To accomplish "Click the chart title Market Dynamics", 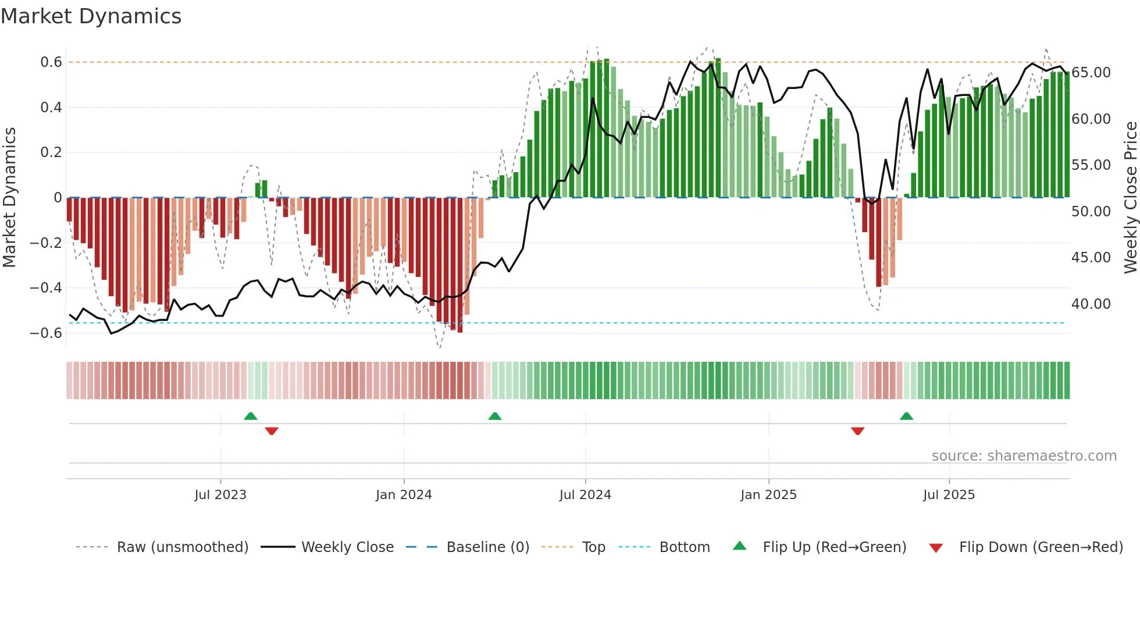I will (x=91, y=16).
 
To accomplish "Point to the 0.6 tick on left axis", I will (x=51, y=62).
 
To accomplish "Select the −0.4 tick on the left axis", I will (x=46, y=288).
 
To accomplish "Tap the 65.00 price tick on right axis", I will (x=1091, y=73).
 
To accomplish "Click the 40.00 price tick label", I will (x=1091, y=304).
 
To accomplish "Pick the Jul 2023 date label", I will (x=220, y=495).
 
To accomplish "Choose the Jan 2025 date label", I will (x=768, y=495).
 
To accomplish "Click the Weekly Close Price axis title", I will (x=1130, y=197).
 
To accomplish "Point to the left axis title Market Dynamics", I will (x=9, y=197).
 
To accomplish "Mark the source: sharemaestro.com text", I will (x=1024, y=456).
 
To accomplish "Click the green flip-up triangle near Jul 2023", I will (x=251, y=416).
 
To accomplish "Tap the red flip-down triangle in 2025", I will (x=857, y=431).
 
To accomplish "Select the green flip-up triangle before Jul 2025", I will (x=906, y=416).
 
